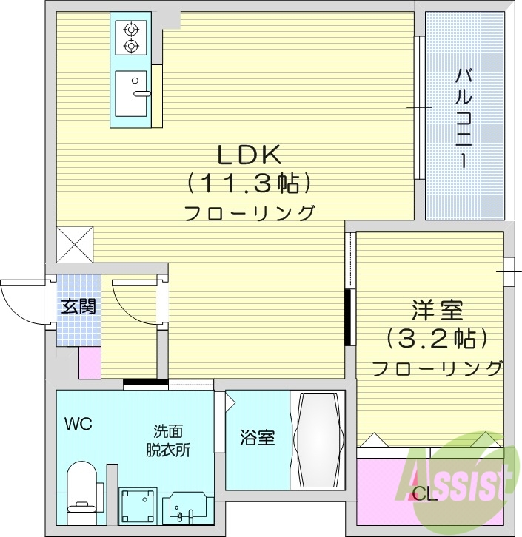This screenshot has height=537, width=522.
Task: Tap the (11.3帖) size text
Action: [247, 183]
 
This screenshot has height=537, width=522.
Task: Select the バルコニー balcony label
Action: [464, 118]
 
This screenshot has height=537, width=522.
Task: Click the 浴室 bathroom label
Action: [257, 437]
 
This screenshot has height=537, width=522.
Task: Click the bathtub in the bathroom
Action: [317, 441]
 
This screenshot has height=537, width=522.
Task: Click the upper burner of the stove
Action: [132, 30]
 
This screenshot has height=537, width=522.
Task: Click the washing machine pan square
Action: [140, 505]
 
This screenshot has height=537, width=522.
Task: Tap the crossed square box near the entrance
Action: [76, 243]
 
